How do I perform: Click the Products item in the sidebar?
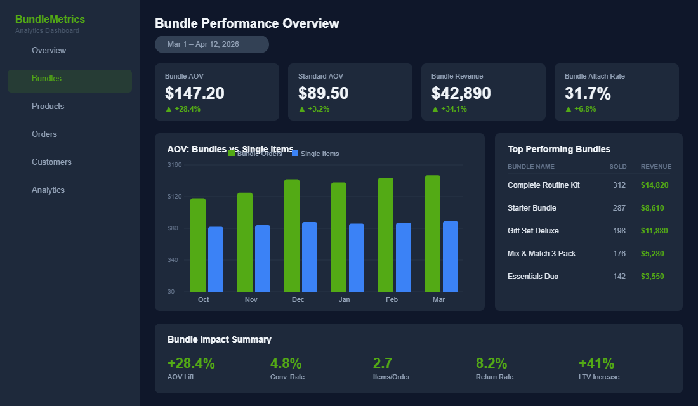(48, 107)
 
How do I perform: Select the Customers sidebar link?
(51, 162)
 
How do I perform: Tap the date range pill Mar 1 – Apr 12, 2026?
(211, 44)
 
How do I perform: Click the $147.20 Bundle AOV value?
(194, 93)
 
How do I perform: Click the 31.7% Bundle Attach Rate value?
(588, 93)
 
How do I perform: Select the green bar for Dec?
(292, 235)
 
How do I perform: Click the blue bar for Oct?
(216, 259)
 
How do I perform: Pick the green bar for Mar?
(433, 233)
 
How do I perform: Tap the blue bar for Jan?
(357, 258)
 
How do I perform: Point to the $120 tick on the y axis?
(174, 197)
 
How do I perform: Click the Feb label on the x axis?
(392, 299)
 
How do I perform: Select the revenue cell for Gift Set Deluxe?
(655, 231)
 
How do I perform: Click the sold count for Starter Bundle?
(619, 208)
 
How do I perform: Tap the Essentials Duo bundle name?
(533, 277)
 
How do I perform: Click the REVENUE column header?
(655, 167)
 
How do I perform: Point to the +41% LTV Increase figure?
(596, 363)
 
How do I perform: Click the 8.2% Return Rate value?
(492, 363)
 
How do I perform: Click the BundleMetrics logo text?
(50, 20)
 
